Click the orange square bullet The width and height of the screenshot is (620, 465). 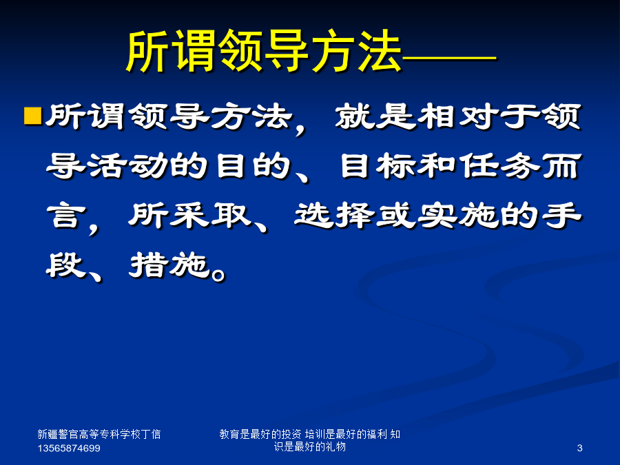click(x=33, y=116)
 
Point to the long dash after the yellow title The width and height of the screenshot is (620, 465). click(x=449, y=59)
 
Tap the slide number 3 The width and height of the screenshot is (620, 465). click(x=579, y=448)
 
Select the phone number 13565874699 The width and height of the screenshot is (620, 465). click(x=69, y=448)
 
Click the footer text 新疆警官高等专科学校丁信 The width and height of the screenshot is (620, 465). click(x=99, y=434)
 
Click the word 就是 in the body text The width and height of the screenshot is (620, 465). click(x=375, y=116)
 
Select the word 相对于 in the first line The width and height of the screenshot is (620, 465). click(x=478, y=116)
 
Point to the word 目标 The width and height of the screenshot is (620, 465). click(x=378, y=166)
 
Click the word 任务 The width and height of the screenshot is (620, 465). click(x=499, y=166)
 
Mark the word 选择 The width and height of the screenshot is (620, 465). click(x=334, y=216)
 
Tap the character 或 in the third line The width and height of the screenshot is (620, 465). click(x=396, y=216)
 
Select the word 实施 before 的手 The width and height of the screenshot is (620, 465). click(x=457, y=216)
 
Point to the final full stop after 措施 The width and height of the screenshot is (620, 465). click(x=218, y=273)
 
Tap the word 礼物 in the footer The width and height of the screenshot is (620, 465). click(x=335, y=446)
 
